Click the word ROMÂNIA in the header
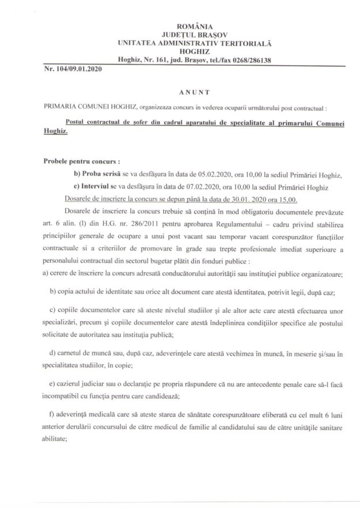point(197,26)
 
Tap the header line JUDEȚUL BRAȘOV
point(197,35)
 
